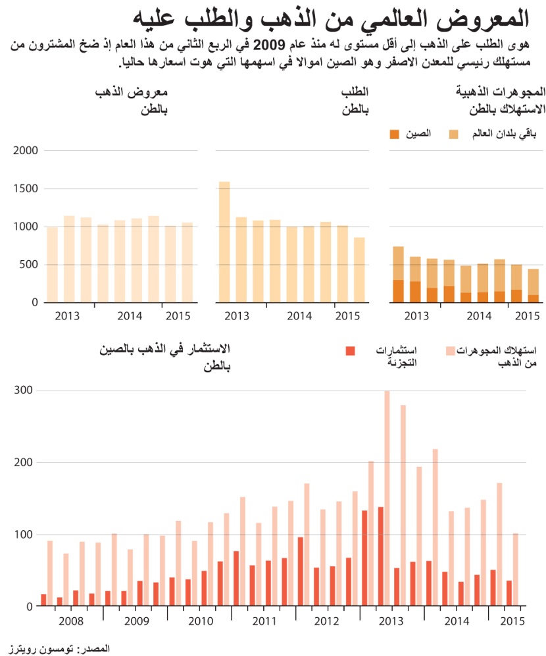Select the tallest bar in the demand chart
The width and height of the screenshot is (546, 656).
[224, 242]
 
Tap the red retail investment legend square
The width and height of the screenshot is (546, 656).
[351, 350]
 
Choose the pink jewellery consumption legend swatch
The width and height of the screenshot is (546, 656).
[451, 350]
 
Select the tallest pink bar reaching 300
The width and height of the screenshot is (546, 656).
[387, 498]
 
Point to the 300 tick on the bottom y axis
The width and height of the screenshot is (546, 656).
[24, 391]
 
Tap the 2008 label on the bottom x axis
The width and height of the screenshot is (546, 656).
[70, 622]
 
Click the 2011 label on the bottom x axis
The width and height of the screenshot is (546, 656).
[264, 622]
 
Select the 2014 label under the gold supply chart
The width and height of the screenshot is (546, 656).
[130, 316]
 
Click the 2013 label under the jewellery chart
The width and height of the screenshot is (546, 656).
[416, 316]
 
